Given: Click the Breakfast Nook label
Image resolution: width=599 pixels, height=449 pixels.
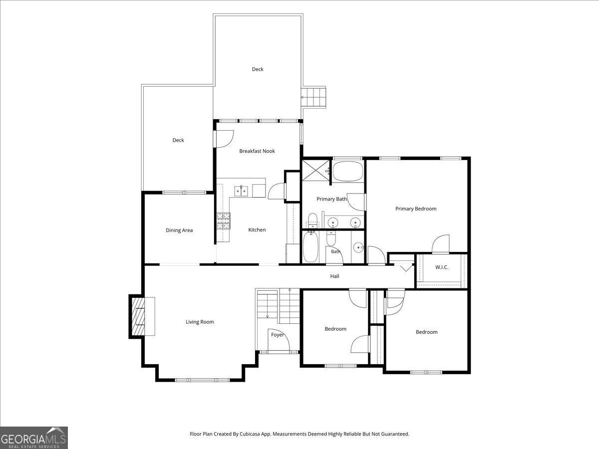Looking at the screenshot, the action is point(257,151).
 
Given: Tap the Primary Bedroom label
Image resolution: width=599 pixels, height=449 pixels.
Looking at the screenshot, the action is point(416,209).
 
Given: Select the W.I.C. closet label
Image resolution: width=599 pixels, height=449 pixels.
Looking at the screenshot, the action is point(442,267).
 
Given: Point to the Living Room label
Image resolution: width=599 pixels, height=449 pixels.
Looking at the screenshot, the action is point(200,322).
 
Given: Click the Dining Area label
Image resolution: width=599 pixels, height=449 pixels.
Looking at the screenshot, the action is point(179,230).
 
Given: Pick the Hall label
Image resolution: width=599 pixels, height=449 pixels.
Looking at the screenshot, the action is point(334,276).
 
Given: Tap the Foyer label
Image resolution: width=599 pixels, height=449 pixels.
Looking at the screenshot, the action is point(277,335).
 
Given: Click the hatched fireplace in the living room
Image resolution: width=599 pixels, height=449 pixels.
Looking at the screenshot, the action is point(138,316).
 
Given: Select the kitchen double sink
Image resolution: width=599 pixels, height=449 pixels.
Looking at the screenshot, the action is point(241,191).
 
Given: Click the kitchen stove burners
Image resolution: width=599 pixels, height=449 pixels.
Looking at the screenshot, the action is point(224,221).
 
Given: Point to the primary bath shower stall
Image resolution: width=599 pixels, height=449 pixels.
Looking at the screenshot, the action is point(315,171).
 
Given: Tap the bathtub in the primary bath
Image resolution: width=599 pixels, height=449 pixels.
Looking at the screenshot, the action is point(348,172).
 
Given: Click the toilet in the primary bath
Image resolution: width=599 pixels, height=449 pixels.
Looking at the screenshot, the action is point(312,221).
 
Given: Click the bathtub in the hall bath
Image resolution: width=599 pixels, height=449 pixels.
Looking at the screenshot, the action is point(310,247).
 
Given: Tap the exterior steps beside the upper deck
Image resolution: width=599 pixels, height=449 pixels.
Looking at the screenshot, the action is point(313,97).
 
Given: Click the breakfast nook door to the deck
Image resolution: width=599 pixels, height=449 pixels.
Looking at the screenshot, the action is point(225,139).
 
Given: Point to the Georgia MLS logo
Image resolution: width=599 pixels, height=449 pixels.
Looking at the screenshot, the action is point(34,438).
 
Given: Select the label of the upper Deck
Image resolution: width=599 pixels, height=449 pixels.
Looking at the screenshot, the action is point(258,69).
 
